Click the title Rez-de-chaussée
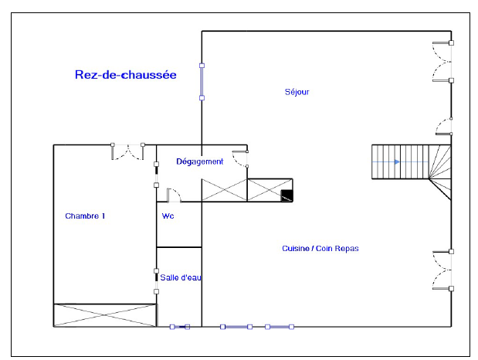tap(126, 75)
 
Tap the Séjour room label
tap(297, 92)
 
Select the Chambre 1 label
tap(85, 216)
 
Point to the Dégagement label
tap(200, 161)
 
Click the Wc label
tap(168, 216)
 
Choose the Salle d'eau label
tap(181, 277)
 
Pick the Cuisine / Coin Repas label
tap(320, 248)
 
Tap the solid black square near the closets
tap(286, 195)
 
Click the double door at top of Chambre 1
tap(127, 151)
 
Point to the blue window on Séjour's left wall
tap(202, 82)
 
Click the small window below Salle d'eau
tap(180, 327)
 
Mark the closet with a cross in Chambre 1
tap(105, 315)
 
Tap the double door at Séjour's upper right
tap(442, 62)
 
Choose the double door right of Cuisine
tap(442, 270)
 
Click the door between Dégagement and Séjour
tap(241, 158)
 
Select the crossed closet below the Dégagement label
tap(225, 190)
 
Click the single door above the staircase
tap(444, 126)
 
